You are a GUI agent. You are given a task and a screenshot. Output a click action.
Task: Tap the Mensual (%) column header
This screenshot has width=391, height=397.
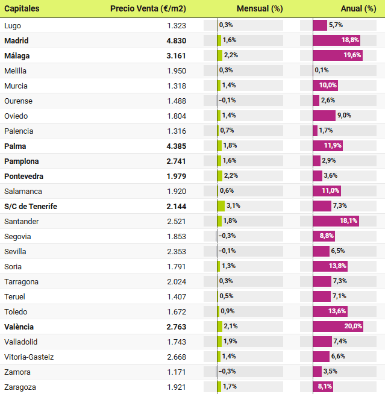click(260, 8)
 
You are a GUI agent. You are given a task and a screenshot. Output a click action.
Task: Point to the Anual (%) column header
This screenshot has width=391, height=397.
click(358, 8)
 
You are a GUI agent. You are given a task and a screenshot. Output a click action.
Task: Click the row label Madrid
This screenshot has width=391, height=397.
click(16, 40)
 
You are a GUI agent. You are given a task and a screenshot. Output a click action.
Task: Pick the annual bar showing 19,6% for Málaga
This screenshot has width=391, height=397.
click(338, 55)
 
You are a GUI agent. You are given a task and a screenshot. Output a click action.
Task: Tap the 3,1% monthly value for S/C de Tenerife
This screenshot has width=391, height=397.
click(233, 206)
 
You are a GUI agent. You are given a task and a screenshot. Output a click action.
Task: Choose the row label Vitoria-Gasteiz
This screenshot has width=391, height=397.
click(29, 357)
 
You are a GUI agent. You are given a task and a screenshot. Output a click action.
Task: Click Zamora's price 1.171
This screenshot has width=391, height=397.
click(177, 372)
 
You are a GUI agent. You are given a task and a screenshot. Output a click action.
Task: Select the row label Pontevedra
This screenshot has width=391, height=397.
click(23, 176)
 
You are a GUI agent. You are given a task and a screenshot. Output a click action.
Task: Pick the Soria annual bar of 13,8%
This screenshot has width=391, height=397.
click(330, 266)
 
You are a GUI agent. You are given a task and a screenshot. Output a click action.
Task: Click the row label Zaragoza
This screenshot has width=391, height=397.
click(19, 387)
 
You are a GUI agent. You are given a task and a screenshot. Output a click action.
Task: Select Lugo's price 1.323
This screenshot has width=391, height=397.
click(177, 25)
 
